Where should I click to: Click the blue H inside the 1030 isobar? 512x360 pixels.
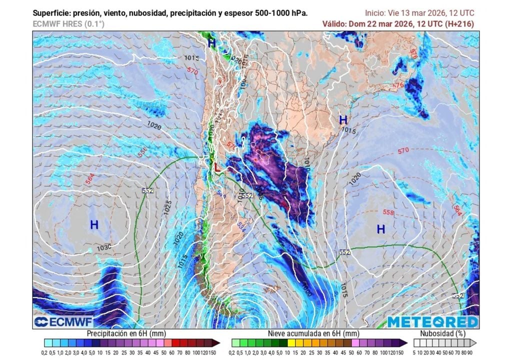tap(94, 225)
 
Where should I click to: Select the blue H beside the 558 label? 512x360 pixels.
tap(381, 229)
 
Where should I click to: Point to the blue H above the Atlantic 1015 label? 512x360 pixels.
tap(343, 120)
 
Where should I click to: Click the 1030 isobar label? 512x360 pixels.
tap(104, 247)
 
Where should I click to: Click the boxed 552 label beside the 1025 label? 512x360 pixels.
tap(147, 191)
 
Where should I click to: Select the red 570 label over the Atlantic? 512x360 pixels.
tap(403, 151)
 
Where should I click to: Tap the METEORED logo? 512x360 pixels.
tap(432, 321)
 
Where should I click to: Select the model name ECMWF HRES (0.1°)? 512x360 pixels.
tap(69, 23)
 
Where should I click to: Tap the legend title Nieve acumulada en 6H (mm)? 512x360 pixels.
tap(313, 333)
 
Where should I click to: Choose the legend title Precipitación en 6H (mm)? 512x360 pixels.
tap(126, 333)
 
